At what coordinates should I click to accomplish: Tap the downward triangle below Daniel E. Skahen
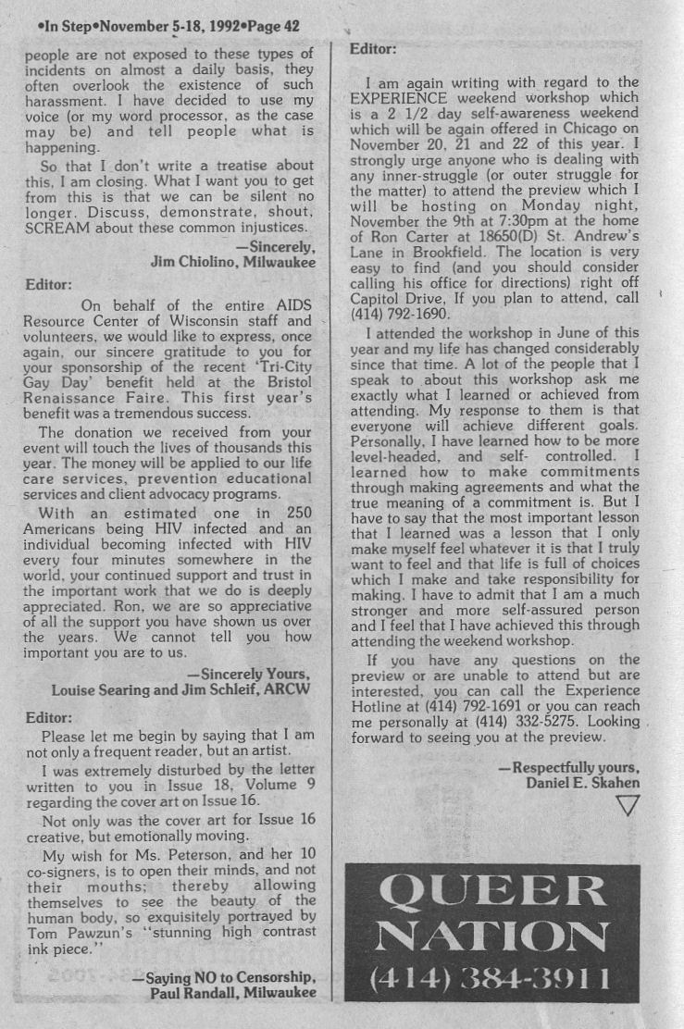pos(628,807)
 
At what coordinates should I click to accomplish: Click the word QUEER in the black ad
pos(492,890)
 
